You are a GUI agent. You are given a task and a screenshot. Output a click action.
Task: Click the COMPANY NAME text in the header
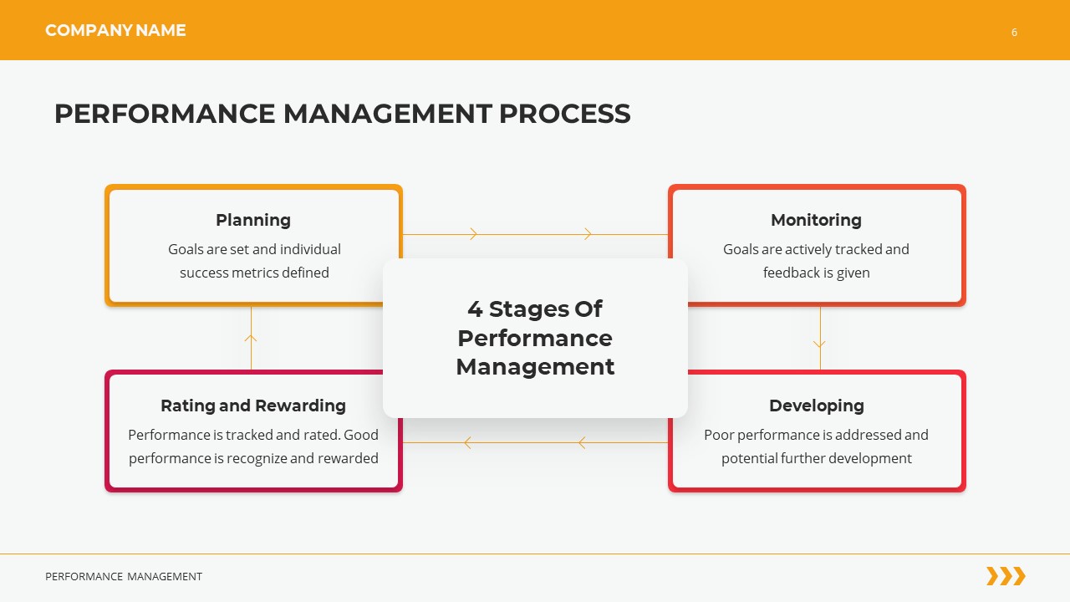pyautogui.click(x=115, y=31)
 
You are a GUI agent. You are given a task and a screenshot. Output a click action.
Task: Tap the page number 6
pyautogui.click(x=1014, y=33)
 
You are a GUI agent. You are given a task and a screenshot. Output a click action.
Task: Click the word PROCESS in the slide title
pyautogui.click(x=565, y=114)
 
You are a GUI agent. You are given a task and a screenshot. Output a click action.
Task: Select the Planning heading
pyautogui.click(x=253, y=220)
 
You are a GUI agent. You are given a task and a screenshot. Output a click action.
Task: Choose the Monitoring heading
pyautogui.click(x=816, y=220)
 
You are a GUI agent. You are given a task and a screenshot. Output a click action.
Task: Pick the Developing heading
pyautogui.click(x=816, y=406)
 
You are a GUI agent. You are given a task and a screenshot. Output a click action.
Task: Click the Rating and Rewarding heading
pyautogui.click(x=253, y=406)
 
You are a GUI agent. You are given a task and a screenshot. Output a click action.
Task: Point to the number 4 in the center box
pyautogui.click(x=475, y=309)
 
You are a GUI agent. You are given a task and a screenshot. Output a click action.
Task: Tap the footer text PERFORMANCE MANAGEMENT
pyautogui.click(x=124, y=577)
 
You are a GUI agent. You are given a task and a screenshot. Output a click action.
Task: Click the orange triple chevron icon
pyautogui.click(x=1006, y=576)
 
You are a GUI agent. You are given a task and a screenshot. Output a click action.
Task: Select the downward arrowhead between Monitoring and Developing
pyautogui.click(x=819, y=344)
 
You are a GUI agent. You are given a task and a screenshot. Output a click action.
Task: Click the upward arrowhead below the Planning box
pyautogui.click(x=251, y=338)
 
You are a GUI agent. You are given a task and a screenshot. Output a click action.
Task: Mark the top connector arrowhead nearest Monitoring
pyautogui.click(x=588, y=234)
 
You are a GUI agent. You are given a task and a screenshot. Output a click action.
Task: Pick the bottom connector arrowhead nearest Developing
pyautogui.click(x=581, y=442)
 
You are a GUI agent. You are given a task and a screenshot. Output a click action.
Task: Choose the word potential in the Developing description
pyautogui.click(x=749, y=458)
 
